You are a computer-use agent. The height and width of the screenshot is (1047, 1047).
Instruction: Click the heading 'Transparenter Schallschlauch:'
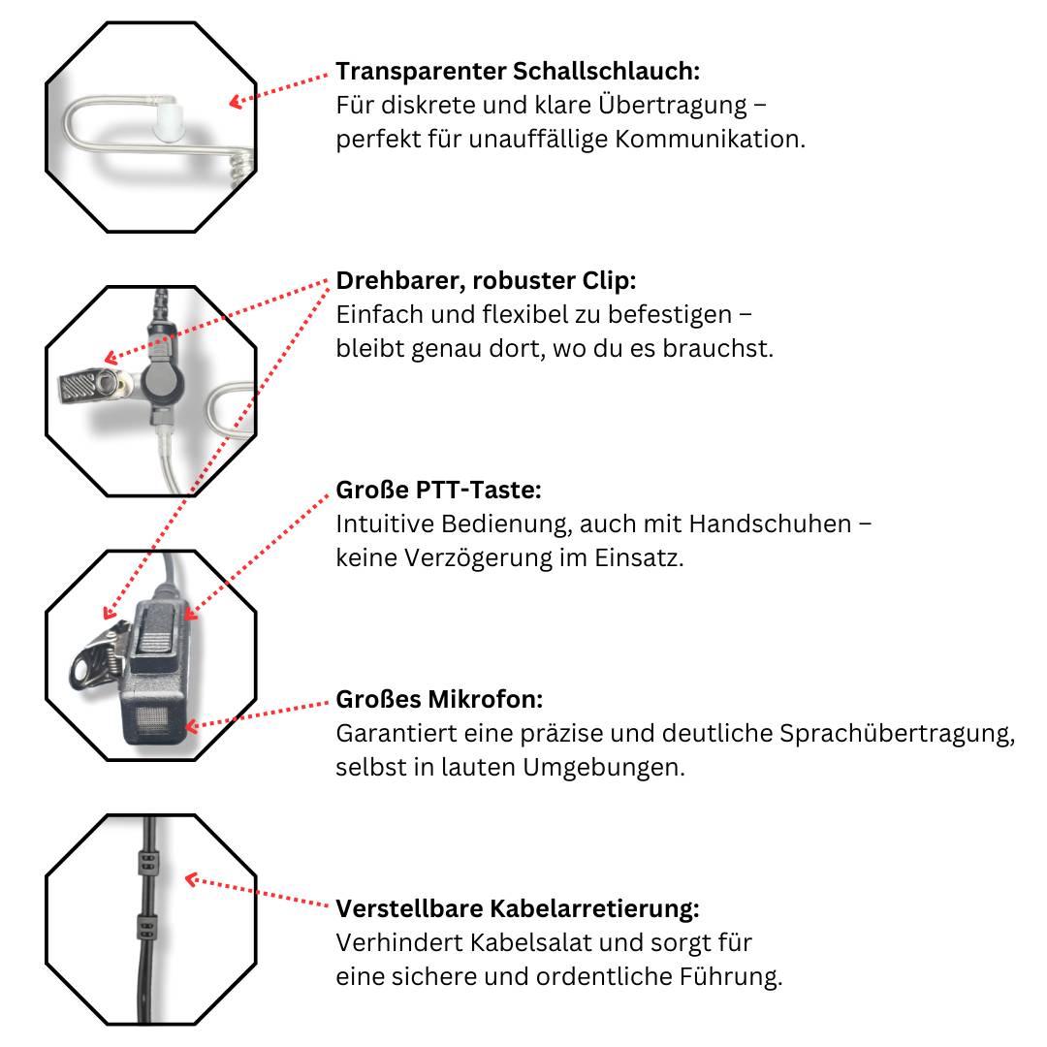518,72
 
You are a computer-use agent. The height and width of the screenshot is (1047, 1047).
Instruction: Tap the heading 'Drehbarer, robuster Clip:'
486,281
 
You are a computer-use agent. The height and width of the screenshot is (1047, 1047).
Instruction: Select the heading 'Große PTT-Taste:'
438,490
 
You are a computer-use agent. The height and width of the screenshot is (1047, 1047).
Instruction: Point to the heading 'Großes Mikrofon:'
439,699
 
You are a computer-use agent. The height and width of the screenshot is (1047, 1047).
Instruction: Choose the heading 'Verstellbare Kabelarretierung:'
518,909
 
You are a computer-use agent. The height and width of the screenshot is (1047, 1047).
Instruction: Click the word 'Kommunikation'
709,139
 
